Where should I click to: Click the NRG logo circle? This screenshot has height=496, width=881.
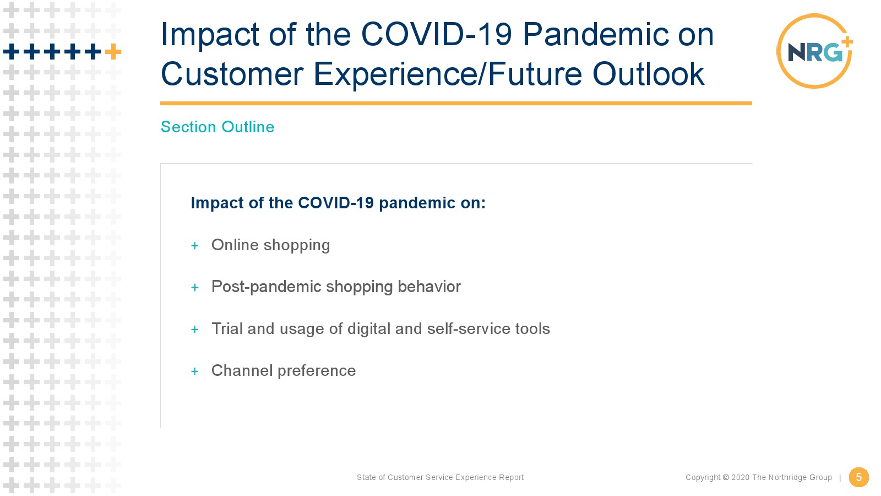coord(778,51)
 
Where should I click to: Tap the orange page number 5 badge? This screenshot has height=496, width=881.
coord(858,477)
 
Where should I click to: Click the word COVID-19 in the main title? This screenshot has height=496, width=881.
coord(437,34)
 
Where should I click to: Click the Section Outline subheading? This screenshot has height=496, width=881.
coord(217,127)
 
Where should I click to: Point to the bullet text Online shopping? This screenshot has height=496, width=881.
coord(270,245)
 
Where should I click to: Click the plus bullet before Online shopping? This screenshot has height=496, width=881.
coord(195,246)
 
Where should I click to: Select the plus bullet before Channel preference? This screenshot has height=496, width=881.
coord(195,371)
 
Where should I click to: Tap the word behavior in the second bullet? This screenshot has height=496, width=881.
coord(429,287)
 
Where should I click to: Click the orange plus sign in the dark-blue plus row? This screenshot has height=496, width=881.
coord(113,52)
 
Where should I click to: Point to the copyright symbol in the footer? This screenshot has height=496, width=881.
coord(726,477)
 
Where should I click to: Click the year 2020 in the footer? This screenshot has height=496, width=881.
coord(740,477)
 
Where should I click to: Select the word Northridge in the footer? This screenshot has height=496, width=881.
coord(788,477)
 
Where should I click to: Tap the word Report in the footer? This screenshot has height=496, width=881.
coord(512,477)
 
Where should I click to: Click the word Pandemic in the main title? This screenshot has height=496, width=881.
coord(595,34)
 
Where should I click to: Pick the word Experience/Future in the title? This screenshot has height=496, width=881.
coord(447,74)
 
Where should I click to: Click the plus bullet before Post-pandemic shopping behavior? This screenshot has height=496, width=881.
coord(195,288)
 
